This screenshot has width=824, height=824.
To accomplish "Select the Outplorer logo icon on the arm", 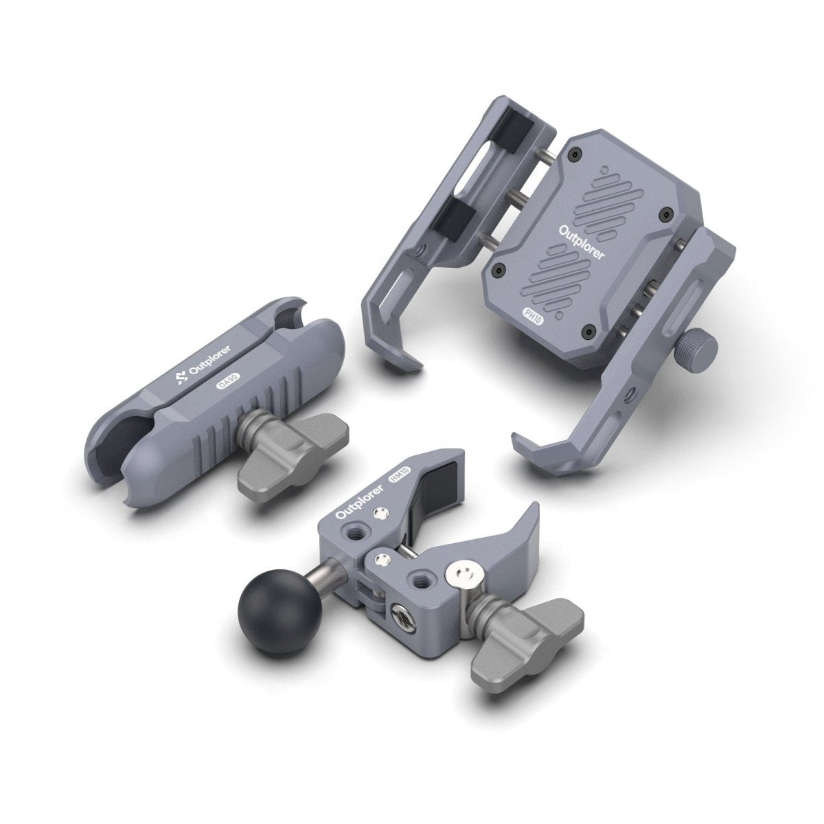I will coord(182,376).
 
